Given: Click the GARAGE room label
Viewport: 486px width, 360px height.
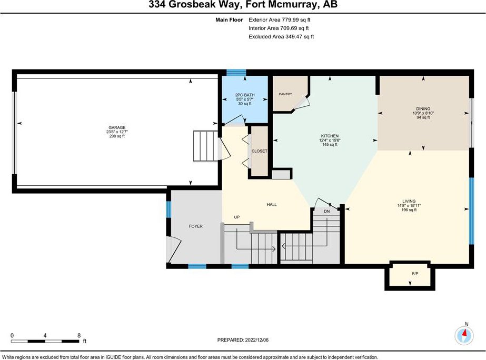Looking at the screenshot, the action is pyautogui.click(x=117, y=127).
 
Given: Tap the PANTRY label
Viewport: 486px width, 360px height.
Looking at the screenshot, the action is pyautogui.click(x=285, y=94).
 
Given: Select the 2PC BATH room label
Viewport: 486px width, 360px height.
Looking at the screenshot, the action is pyautogui.click(x=245, y=95).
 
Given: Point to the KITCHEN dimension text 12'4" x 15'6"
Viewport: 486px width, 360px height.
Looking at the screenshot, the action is pyautogui.click(x=330, y=140).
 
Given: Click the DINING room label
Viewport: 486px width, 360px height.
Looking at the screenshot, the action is pyautogui.click(x=423, y=109).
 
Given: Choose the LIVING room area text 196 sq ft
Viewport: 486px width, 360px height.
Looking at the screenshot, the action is pyautogui.click(x=409, y=210).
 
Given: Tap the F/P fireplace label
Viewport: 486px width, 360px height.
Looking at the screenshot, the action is pyautogui.click(x=415, y=273).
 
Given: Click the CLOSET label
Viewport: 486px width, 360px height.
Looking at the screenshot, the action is pyautogui.click(x=260, y=151).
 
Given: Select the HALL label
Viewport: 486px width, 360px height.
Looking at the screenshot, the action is pyautogui.click(x=272, y=205).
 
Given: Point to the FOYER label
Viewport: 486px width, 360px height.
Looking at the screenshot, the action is pyautogui.click(x=195, y=226).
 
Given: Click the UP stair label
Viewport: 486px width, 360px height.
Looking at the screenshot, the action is pyautogui.click(x=237, y=217).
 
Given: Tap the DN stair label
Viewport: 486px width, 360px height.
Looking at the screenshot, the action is pyautogui.click(x=326, y=211).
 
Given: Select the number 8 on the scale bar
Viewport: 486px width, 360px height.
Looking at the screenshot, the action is pyautogui.click(x=79, y=335).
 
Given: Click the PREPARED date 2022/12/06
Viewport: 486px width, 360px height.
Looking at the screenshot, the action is pyautogui.click(x=256, y=340).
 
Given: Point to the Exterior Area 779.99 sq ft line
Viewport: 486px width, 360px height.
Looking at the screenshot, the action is pyautogui.click(x=279, y=19).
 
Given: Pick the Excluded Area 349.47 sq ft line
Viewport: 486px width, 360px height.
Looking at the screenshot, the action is pyautogui.click(x=281, y=36).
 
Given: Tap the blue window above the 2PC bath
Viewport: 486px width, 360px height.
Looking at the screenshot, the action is pyautogui.click(x=236, y=73).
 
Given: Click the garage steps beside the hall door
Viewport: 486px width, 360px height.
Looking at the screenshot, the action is pyautogui.click(x=206, y=146).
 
